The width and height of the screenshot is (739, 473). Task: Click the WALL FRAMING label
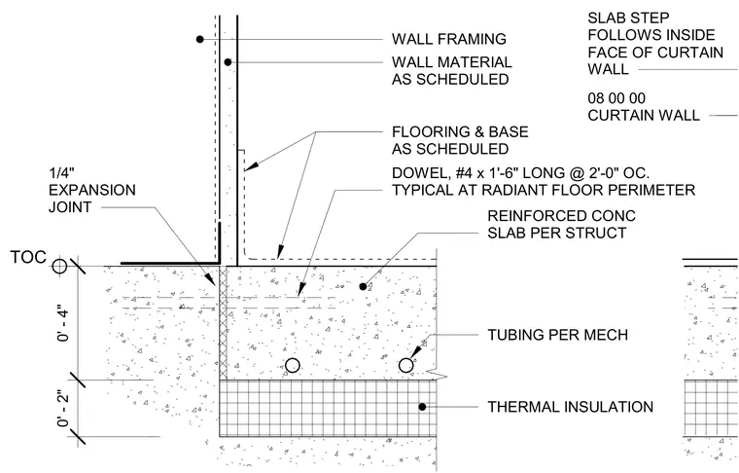pos(448,39)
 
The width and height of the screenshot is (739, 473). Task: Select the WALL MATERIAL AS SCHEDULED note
pos(451,71)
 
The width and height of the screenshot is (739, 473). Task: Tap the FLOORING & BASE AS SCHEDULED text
pos(460,140)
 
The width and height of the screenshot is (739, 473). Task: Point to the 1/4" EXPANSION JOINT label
pos(92,190)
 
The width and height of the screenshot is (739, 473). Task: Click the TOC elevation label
pos(28,257)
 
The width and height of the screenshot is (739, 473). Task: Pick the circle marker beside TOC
pos(59,266)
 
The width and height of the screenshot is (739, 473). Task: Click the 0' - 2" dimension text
pos(62,409)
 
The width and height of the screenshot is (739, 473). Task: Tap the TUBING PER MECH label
pos(557,335)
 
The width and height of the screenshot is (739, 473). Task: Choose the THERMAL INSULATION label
pos(570,407)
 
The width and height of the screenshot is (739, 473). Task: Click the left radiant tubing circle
pos(293,366)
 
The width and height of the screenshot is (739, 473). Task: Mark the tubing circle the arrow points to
pos(405,366)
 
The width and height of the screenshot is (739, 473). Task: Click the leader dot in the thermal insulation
pos(422,407)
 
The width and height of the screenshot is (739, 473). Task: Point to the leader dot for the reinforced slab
pos(363,286)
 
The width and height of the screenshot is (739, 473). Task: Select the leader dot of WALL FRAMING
pos(200,39)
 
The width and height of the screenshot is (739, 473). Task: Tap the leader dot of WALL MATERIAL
pos(228,62)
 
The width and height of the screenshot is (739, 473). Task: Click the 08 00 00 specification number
pos(616,98)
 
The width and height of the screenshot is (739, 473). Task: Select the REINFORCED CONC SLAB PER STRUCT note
pos(561,224)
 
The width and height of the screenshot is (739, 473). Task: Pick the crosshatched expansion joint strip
pos(223,322)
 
